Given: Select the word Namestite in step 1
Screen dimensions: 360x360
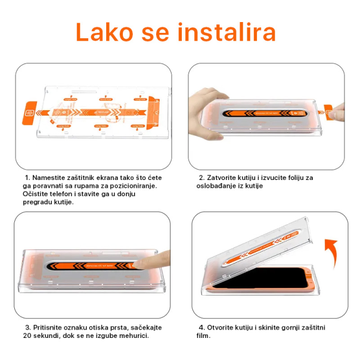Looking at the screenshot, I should [50, 178].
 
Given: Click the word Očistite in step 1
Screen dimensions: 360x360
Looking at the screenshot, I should [38, 194].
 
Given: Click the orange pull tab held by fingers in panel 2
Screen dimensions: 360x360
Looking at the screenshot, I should [327, 110].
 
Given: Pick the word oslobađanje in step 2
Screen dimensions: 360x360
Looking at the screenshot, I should [217, 186].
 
